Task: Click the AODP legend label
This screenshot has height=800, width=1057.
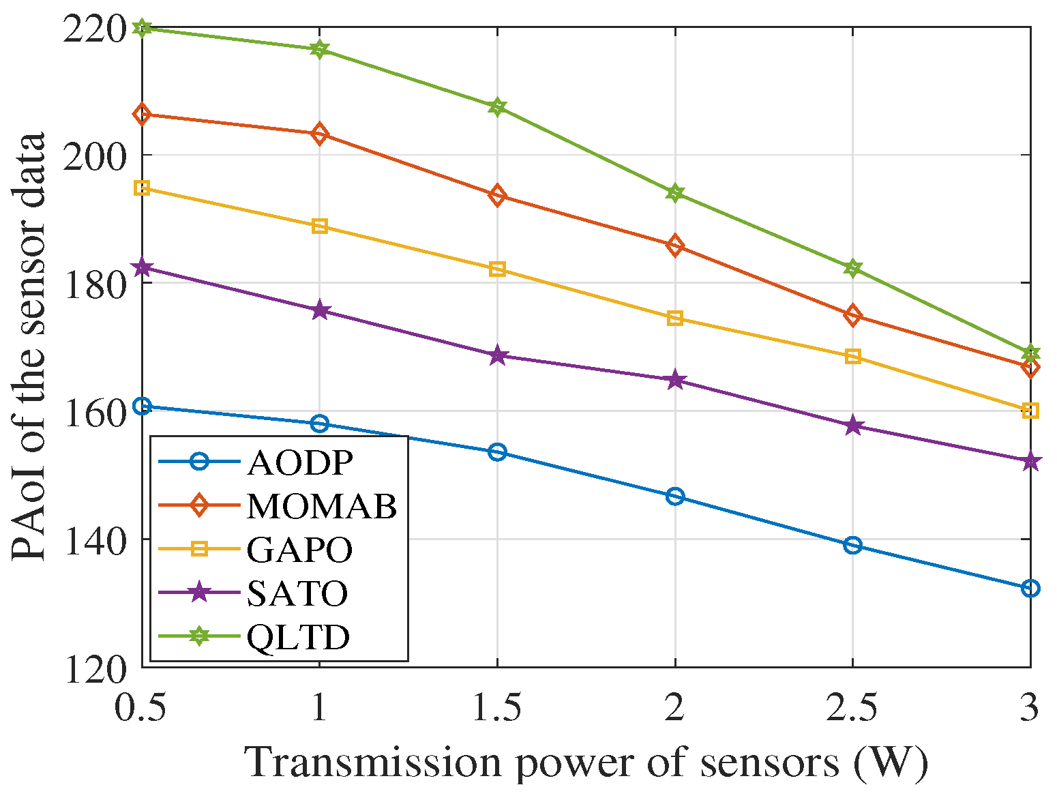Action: [x=300, y=462]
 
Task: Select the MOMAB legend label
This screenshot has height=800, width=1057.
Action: [x=322, y=506]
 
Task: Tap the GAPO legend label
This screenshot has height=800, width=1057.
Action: [x=300, y=550]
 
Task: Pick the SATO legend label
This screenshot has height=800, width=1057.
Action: [x=297, y=593]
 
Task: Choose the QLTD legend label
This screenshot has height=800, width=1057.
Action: [x=299, y=637]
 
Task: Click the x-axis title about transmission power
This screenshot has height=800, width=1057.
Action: [x=586, y=762]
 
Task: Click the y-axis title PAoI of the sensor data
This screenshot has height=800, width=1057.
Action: [x=29, y=346]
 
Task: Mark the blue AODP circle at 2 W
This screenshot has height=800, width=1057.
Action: [x=675, y=496]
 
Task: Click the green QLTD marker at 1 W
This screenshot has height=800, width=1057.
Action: [x=320, y=49]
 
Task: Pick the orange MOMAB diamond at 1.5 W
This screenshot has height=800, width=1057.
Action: [x=497, y=196]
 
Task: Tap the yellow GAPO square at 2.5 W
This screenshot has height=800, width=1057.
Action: [x=852, y=356]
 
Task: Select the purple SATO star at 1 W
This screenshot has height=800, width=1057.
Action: [x=320, y=311]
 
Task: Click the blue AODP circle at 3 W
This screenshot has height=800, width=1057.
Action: [x=1030, y=588]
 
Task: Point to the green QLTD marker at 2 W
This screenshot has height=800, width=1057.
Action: [x=675, y=193]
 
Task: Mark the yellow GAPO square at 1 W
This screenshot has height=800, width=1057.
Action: [x=320, y=226]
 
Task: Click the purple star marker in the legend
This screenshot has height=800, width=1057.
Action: [x=199, y=593]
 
